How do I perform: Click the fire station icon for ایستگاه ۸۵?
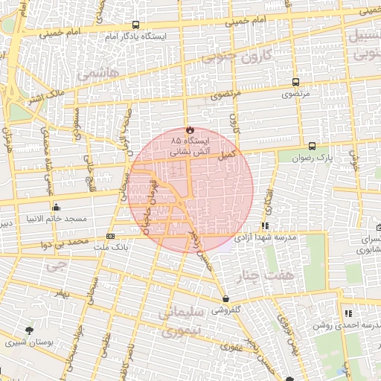tap(188, 128)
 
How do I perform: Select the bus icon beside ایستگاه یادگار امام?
tap(135, 25)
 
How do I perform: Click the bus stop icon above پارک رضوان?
tap(312, 146)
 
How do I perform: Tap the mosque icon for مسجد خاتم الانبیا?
tap(56, 208)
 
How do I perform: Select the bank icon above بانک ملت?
tap(111, 236)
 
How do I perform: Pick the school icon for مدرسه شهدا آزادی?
tap(265, 225)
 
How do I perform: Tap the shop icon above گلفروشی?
tap(225, 298)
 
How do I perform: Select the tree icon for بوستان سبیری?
tap(29, 330)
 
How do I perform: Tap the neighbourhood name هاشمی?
tap(92, 75)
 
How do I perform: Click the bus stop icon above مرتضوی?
tap(296, 83)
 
